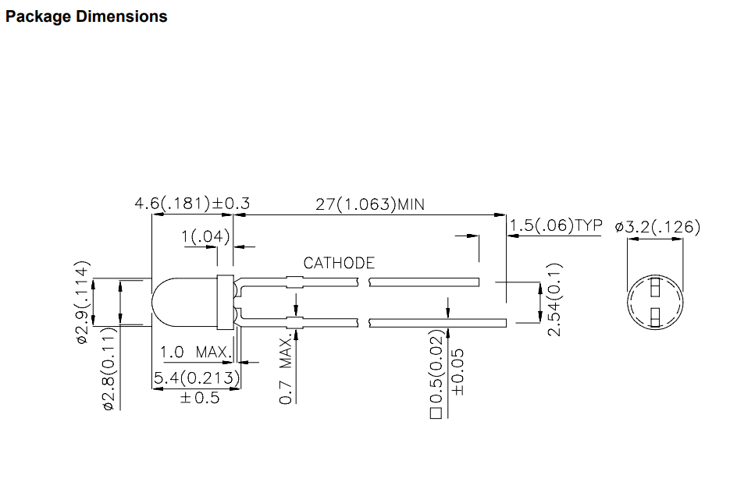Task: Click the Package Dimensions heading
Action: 87,16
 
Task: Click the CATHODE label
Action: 339,263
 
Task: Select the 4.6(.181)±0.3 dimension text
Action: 192,204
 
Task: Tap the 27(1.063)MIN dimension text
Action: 370,204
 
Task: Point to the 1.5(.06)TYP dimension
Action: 556,225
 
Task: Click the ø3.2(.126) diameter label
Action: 657,227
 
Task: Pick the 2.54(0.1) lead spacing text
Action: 554,299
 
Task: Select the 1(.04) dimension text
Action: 206,236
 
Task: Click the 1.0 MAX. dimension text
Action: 195,352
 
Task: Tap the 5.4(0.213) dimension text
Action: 197,377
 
